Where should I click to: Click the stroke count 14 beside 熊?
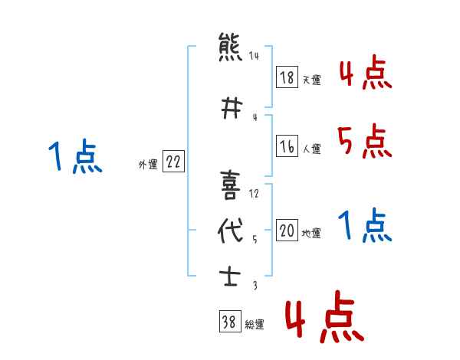pos(254,56)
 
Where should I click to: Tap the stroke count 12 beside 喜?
pos(255,193)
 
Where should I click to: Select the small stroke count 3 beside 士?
pos(255,286)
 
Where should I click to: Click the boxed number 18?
pos(287,78)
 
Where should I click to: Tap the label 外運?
pos(148,164)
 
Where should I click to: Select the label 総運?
pos(255,325)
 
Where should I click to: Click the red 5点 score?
pos(363,141)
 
